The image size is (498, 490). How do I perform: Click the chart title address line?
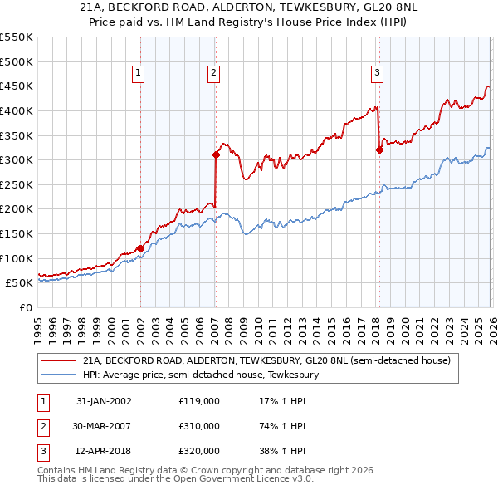[x=249, y=7]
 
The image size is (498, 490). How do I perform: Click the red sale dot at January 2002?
[x=140, y=248]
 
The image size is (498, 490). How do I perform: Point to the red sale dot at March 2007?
[x=216, y=154]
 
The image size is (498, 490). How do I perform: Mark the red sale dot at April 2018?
[x=379, y=149]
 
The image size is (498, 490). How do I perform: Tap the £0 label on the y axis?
[x=25, y=308]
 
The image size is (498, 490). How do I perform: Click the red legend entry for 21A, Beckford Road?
[x=266, y=361]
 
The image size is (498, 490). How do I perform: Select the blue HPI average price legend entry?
[x=200, y=375]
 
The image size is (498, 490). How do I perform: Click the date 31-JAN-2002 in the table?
[x=104, y=401]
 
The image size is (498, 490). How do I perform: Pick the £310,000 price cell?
[x=199, y=426]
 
